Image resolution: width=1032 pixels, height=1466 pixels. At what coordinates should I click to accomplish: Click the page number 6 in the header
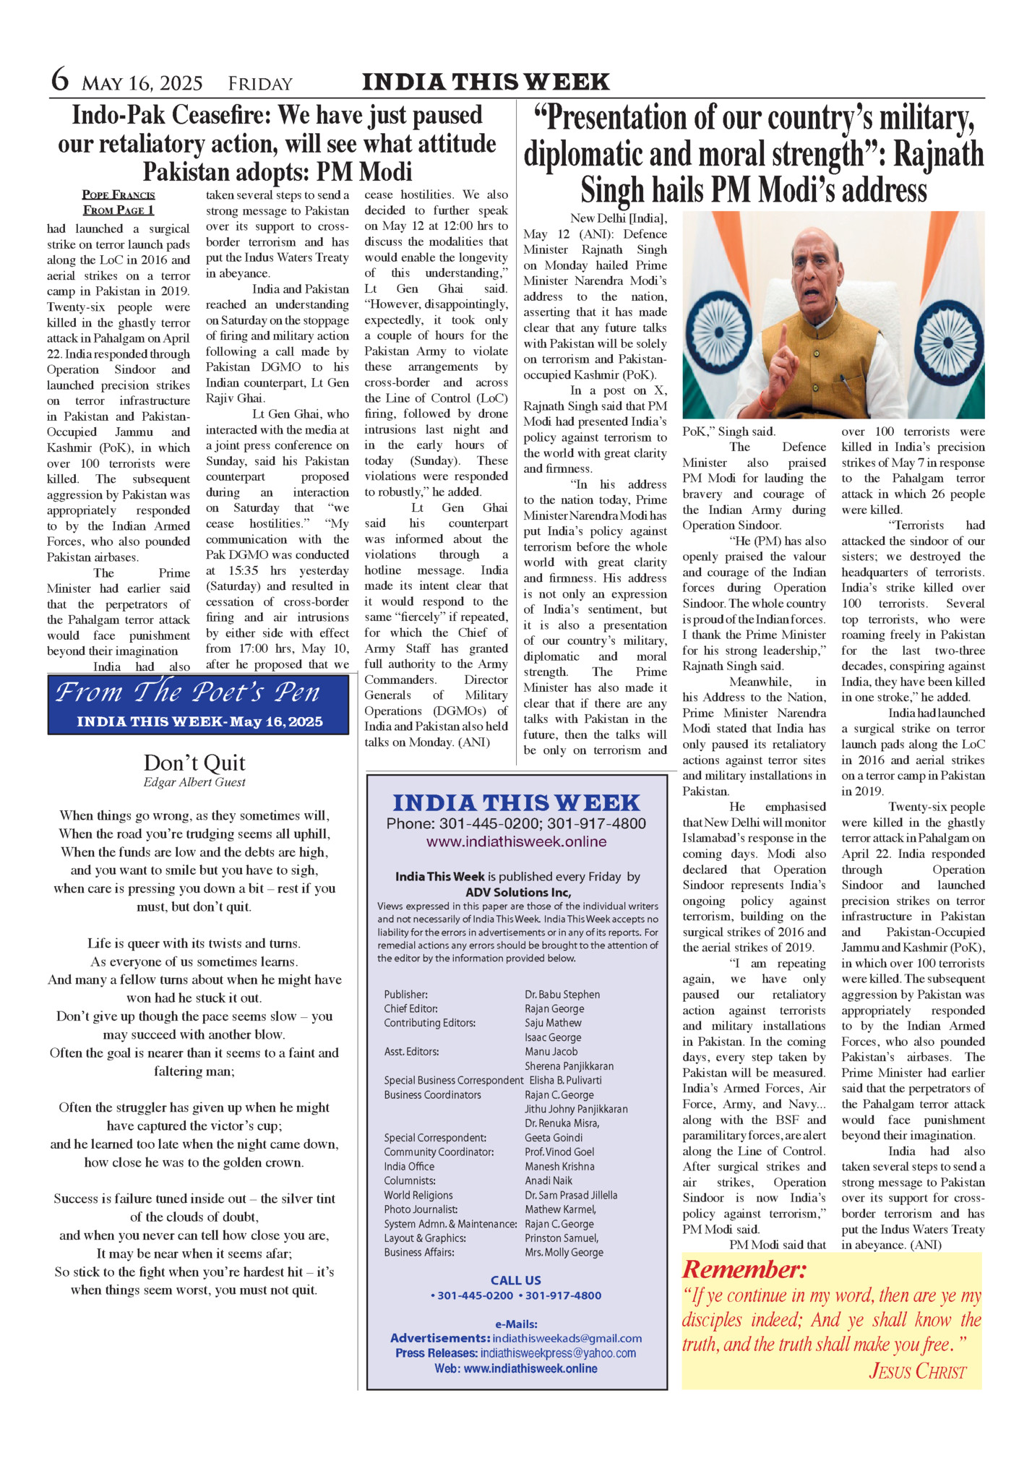pos(60,80)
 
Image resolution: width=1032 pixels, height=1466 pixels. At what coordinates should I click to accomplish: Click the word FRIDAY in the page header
pos(260,84)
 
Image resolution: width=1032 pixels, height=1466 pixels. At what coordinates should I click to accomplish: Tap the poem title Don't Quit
pos(194,763)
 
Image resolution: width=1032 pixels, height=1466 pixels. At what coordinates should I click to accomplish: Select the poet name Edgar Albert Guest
pos(194,782)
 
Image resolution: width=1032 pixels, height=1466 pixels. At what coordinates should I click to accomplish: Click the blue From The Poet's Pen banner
pos(198,703)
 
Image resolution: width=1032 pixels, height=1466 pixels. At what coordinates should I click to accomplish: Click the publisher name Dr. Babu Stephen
pos(562,995)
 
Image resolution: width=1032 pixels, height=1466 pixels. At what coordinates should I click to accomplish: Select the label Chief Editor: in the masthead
pos(410,1008)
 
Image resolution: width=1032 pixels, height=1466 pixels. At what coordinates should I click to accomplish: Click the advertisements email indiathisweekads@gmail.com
pos(567,1338)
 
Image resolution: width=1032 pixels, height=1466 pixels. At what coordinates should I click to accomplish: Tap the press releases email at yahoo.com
pos(558,1353)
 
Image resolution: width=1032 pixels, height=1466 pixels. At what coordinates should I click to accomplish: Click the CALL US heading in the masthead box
pos(516,1280)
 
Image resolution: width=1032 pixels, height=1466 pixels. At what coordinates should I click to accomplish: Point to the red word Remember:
pos(744,1269)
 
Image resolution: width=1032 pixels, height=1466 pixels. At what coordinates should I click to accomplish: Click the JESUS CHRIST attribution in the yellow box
pos(917,1371)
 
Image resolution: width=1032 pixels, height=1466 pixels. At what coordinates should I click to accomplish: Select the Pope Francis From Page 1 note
pos(119,202)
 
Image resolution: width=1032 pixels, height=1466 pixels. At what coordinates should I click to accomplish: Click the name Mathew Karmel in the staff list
pos(561,1209)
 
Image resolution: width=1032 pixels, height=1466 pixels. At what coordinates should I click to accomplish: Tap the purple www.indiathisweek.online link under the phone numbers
pos(516,841)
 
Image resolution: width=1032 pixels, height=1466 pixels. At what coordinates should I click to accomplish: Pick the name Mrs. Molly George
pos(564,1252)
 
